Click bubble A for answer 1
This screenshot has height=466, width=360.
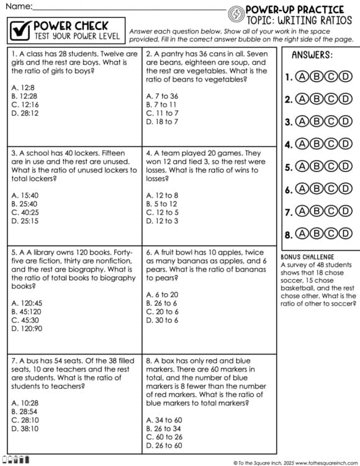pos(302,77)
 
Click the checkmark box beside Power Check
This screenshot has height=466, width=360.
pos(20,30)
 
